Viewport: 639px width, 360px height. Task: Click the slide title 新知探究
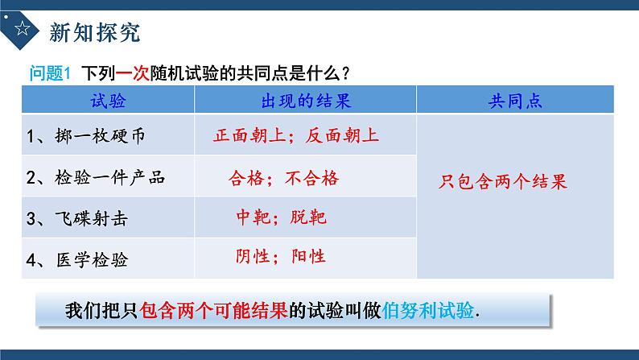coord(94,32)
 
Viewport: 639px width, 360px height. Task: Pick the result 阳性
coord(307,256)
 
